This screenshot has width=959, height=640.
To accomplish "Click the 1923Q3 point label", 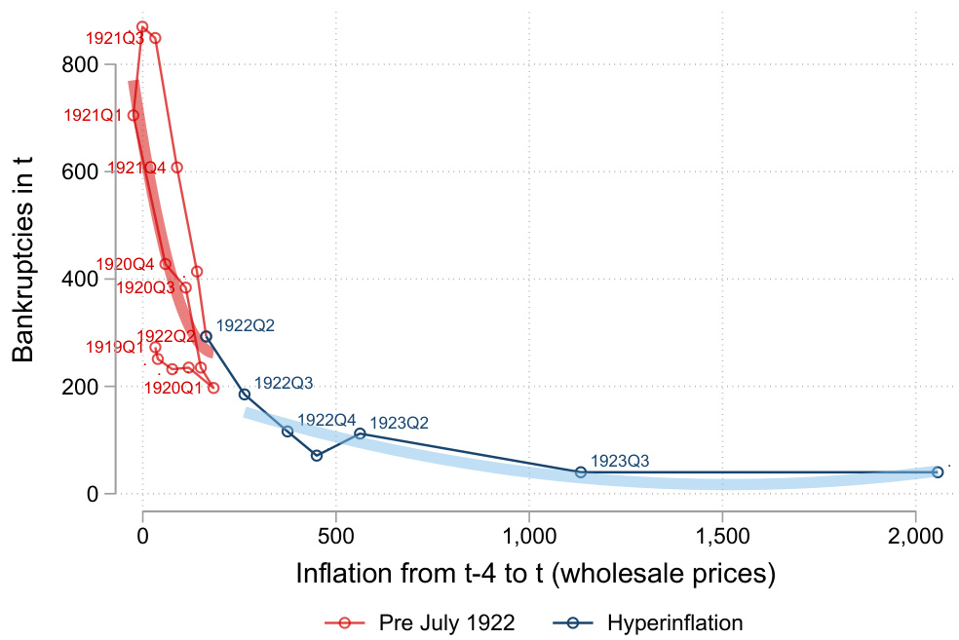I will (x=620, y=461).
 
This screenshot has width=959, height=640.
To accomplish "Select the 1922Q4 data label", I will (x=326, y=420).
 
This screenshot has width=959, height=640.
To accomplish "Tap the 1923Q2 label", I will (x=400, y=423).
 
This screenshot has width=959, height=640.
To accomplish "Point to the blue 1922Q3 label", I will (x=283, y=384).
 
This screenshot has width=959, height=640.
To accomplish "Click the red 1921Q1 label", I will (x=94, y=115).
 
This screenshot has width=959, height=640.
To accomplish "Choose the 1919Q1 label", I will (x=113, y=347).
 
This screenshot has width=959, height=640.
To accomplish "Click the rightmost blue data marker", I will (x=938, y=471).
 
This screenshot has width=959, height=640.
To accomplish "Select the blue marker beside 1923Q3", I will (x=581, y=472).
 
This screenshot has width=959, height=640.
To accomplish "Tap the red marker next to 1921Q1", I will (x=134, y=115).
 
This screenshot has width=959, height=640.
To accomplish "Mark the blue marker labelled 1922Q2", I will (x=206, y=336).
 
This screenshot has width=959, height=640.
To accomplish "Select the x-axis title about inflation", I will (x=535, y=575).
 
